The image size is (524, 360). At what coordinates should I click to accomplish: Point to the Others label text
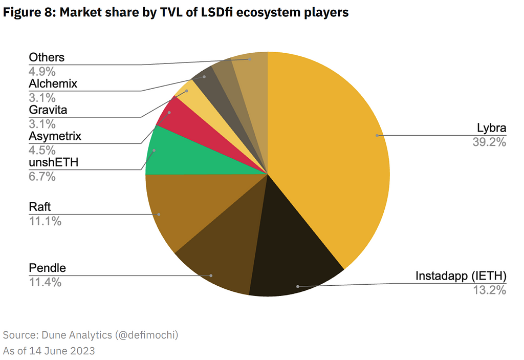[x=47, y=57]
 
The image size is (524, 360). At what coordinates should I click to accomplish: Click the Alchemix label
[x=53, y=83]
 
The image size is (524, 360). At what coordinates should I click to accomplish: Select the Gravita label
[x=48, y=110]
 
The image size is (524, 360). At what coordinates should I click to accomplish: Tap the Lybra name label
[x=491, y=128]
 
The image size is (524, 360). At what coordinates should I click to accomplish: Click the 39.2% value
[x=489, y=142]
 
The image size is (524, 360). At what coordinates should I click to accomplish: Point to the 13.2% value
[x=489, y=290]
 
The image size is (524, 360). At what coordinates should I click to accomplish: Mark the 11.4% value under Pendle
[x=45, y=282]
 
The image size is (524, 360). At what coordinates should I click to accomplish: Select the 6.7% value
[x=42, y=177]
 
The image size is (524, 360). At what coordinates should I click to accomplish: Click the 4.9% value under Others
[x=42, y=71]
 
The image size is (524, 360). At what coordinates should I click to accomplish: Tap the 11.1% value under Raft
[x=45, y=221]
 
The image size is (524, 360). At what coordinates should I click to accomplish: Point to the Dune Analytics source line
[x=91, y=335]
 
